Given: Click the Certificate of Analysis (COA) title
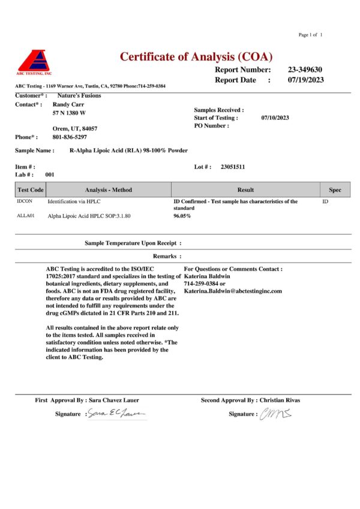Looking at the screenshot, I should [196, 57].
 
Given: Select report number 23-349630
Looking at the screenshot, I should [305, 70].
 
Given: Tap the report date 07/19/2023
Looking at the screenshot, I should [306, 80].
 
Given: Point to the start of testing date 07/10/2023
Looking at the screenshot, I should [275, 118].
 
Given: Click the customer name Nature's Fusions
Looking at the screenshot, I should [79, 95].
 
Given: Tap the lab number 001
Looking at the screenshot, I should [50, 174].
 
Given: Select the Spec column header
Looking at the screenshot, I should [335, 190].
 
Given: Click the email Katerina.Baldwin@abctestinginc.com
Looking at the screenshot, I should [232, 291].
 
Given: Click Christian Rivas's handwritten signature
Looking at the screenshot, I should [275, 413].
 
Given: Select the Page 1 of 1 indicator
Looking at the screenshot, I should [310, 35].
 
